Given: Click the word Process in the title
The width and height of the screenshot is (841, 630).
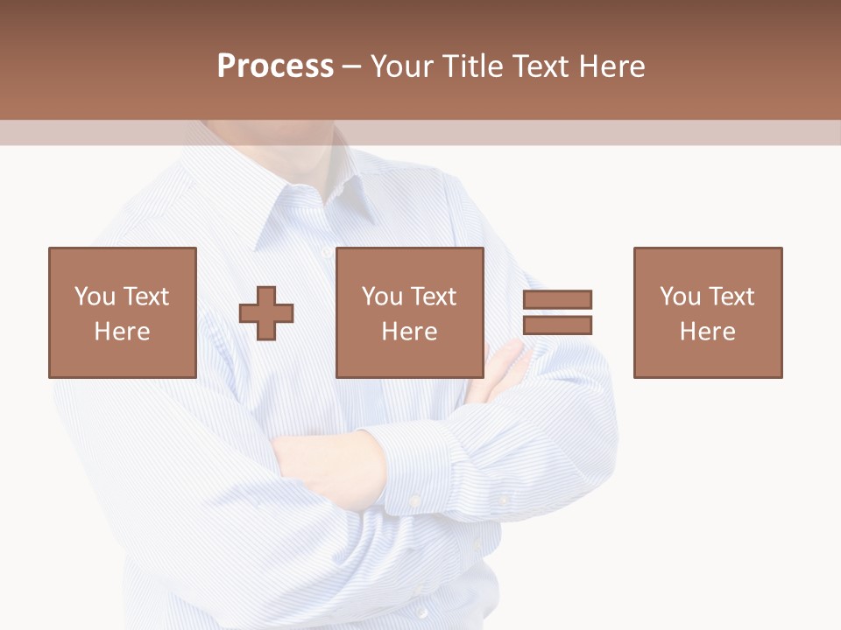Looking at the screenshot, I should [275, 66].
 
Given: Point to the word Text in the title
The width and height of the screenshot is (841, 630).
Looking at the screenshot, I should [541, 66].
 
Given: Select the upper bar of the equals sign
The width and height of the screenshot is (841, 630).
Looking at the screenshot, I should [557, 300].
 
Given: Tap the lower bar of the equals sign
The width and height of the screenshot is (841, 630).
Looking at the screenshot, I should [557, 325].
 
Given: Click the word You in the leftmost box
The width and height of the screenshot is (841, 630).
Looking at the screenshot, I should [94, 297].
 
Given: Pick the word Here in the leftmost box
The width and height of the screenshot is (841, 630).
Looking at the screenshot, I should [122, 332].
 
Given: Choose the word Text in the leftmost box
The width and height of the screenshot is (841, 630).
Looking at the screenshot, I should [145, 297].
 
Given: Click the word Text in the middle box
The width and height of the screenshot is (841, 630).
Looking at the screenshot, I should [433, 297].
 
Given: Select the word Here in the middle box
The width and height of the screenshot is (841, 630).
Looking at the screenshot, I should [409, 332].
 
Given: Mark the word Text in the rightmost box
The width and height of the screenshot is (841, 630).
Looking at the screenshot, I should [731, 297].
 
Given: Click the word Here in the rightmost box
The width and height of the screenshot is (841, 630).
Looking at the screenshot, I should [707, 332].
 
